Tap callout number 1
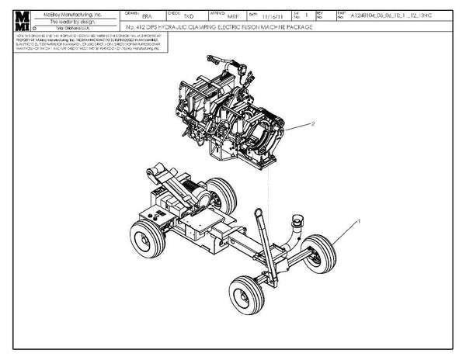point(358,222)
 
